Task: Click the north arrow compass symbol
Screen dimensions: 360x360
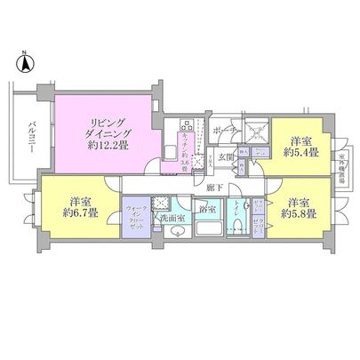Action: coord(25,64)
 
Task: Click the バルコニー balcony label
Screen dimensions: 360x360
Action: coord(31,138)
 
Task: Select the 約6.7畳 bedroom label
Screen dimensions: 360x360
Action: coord(80,207)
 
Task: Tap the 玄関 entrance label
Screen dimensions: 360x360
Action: coord(225,160)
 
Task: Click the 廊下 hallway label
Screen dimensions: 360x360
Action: coord(212,187)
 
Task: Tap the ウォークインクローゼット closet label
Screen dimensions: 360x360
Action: coord(137,212)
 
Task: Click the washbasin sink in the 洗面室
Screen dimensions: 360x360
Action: coord(173,232)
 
